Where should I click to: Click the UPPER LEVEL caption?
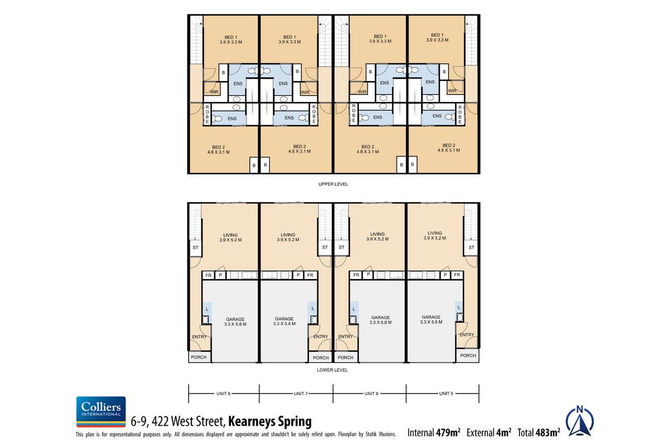point(334,184)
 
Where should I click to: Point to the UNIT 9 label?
point(446,393)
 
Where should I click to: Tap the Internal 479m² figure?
point(434,432)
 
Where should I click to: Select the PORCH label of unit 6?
point(199,357)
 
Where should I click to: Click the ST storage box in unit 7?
point(324,248)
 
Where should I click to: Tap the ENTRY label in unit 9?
point(467,335)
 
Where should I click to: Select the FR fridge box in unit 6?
point(209,275)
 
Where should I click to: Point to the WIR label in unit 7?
point(305,92)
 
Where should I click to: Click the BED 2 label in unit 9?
point(450,148)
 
